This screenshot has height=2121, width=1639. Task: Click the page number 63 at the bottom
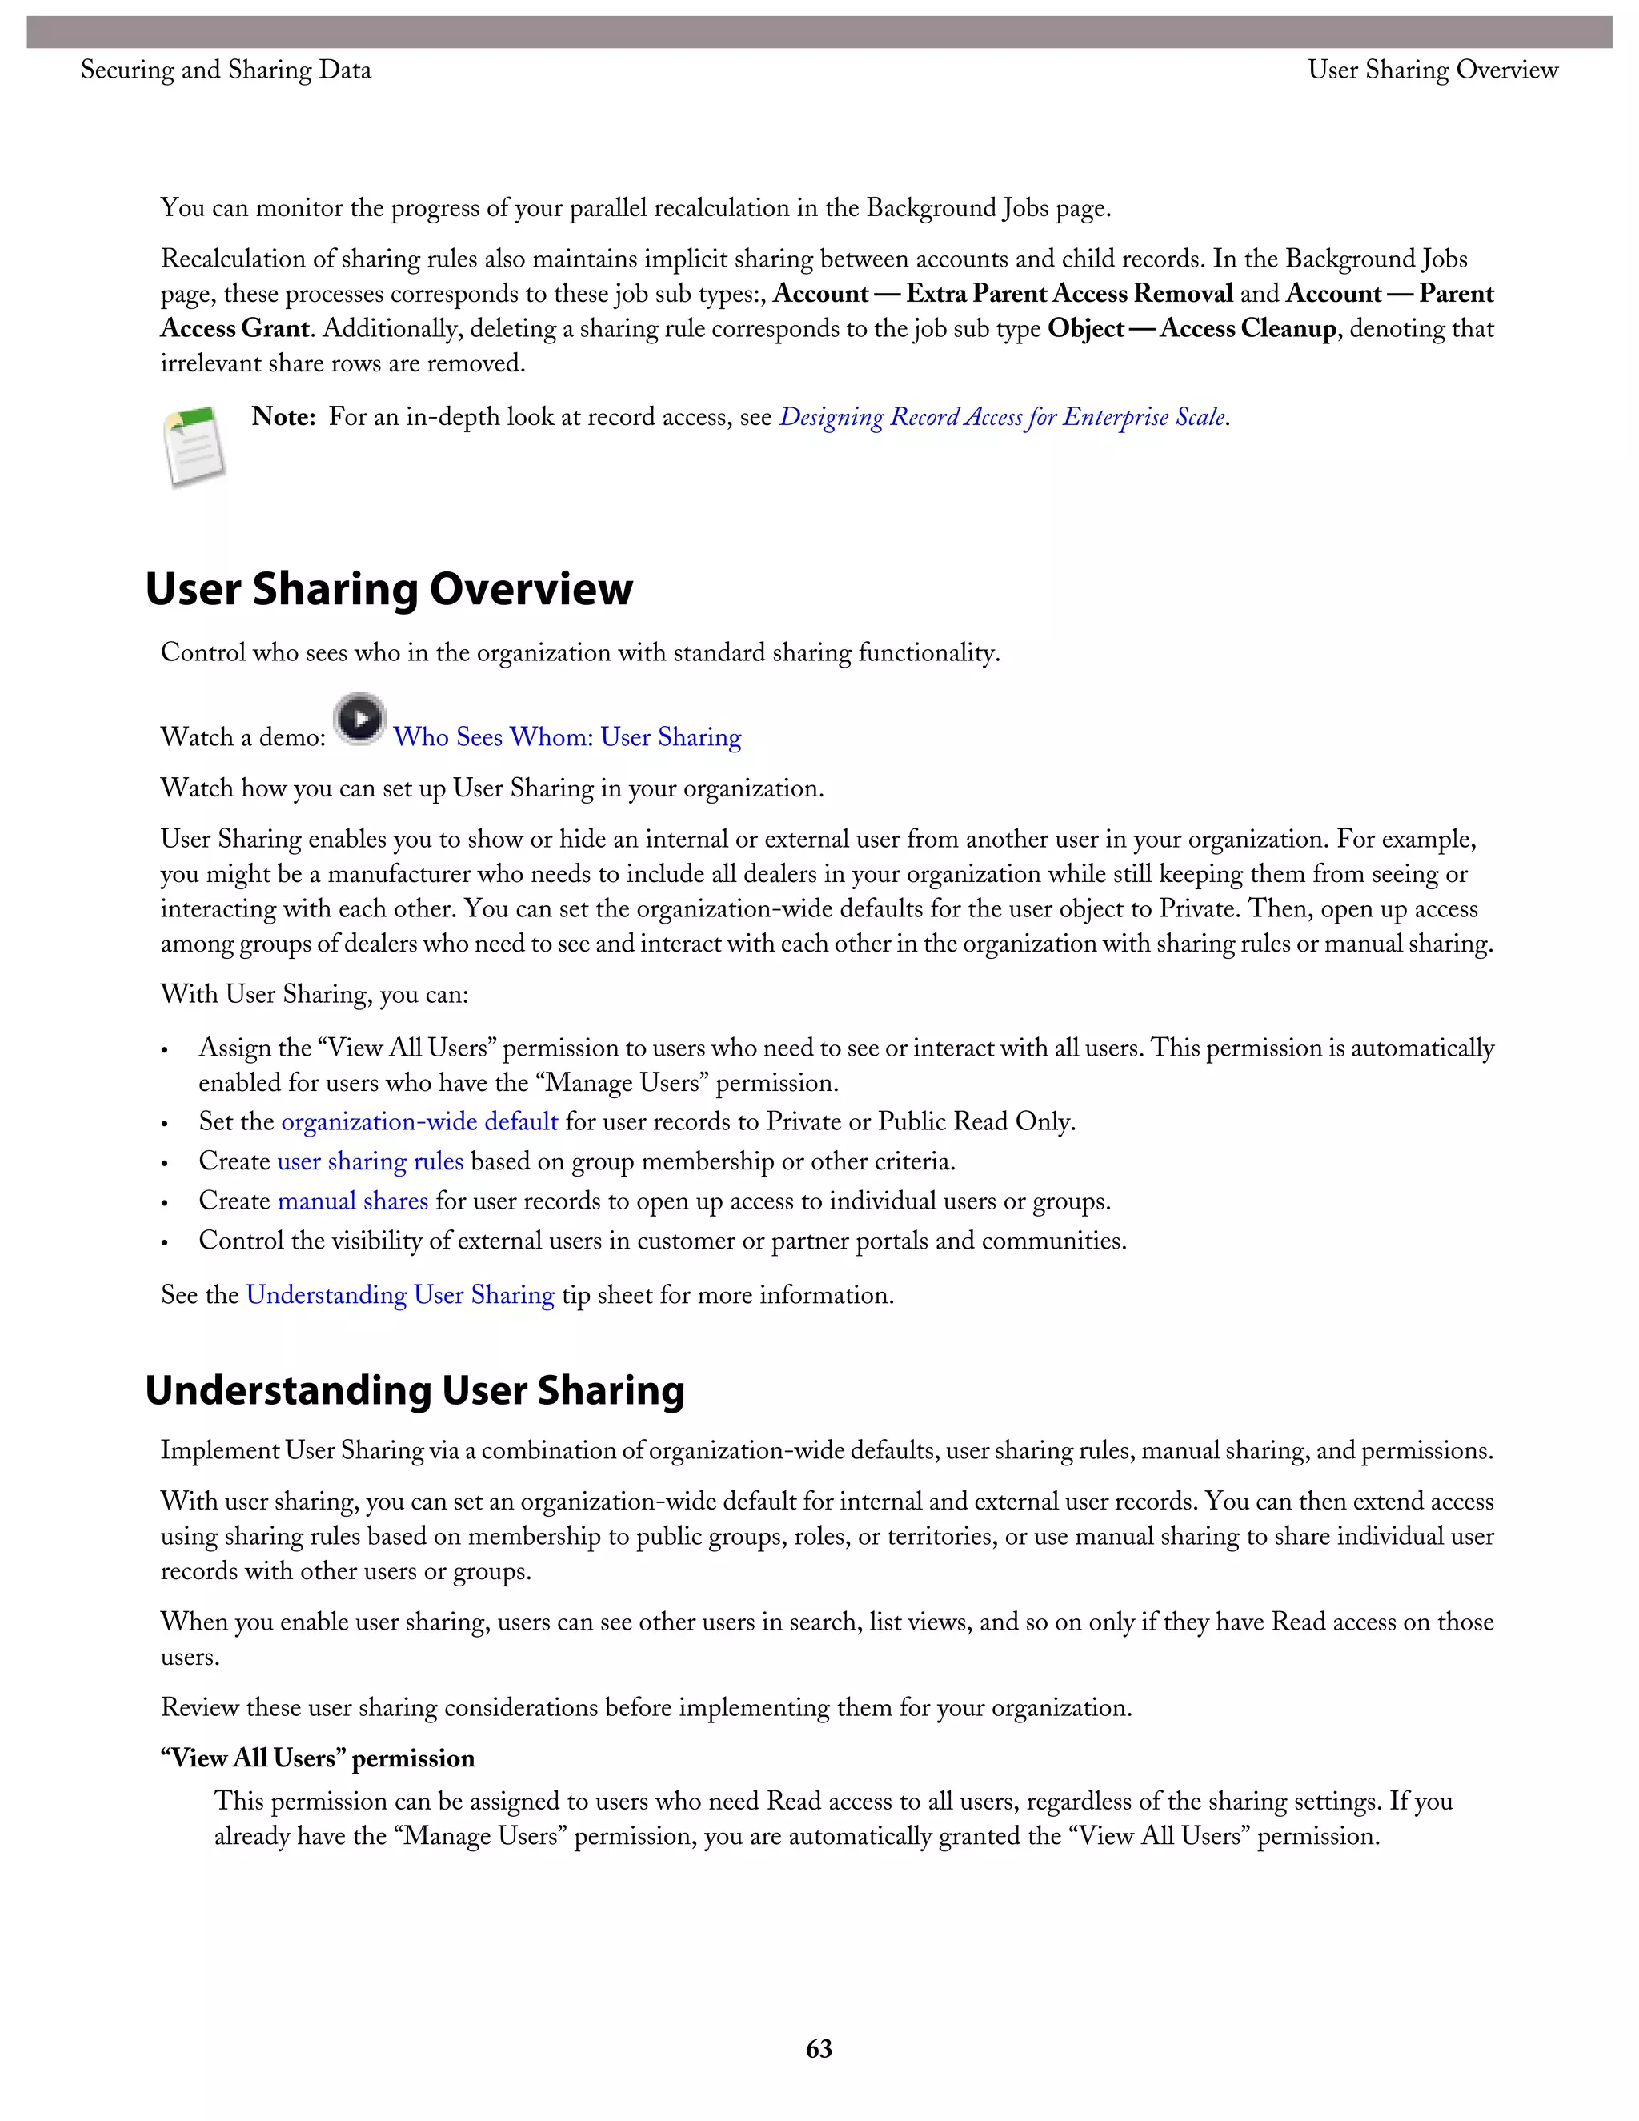819,2048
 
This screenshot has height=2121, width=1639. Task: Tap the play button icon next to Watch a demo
360,720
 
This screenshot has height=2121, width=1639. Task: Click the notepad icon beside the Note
194,446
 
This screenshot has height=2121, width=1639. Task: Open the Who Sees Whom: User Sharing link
567,737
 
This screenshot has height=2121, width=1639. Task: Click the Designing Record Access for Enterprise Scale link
1002,417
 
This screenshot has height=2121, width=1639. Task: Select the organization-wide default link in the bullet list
419,1121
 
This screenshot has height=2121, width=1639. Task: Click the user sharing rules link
370,1161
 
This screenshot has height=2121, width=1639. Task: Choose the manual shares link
352,1201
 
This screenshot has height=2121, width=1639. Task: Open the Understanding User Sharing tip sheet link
400,1296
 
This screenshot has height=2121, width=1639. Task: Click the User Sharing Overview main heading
388,590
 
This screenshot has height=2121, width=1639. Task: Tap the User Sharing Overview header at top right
1433,70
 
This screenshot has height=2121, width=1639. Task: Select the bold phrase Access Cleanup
1248,328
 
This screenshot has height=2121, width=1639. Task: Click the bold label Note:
283,417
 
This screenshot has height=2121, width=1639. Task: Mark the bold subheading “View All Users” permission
318,1758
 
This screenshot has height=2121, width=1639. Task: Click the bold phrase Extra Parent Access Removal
1069,293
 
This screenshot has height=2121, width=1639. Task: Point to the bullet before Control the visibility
166,1243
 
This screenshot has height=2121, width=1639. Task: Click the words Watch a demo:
242,737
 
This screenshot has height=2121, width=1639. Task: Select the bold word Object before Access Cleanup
1085,328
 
